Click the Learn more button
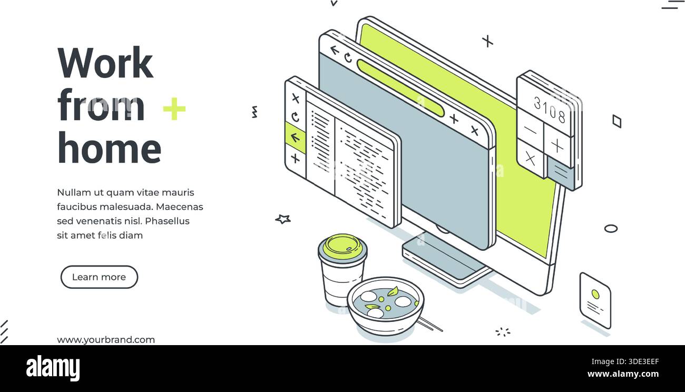coord(99,277)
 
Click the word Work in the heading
coord(105,63)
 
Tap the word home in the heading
coord(109,148)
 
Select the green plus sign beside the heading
coord(174,109)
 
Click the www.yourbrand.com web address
coord(106,340)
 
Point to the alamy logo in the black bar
coord(53,368)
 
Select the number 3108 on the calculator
coord(549,109)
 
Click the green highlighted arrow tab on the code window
coord(295,138)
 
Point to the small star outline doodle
coord(283,219)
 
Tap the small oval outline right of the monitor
coord(611,228)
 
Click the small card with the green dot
coord(595,300)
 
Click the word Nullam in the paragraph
coord(74,192)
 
